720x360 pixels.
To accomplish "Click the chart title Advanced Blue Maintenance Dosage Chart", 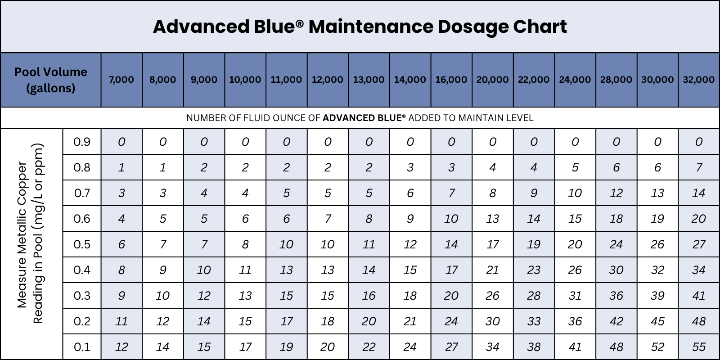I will click(360, 27).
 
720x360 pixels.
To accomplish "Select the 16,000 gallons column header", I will click(451, 80).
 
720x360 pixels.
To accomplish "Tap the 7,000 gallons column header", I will click(121, 80).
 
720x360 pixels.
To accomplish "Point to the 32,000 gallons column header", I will click(698, 80).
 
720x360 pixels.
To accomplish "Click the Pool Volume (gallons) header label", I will click(51, 80).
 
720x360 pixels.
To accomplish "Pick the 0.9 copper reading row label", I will click(82, 142).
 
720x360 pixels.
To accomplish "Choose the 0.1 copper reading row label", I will click(82, 347).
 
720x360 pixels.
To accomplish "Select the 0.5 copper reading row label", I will click(82, 244).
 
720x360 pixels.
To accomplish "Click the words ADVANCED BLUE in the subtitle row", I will click(362, 118).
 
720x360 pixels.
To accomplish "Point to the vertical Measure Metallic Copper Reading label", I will click(30, 234).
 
